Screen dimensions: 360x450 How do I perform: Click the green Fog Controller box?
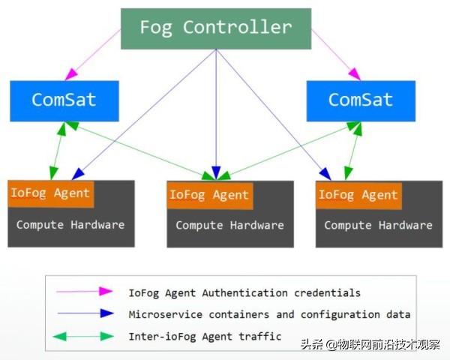(x=216, y=28)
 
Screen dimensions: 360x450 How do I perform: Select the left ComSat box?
(x=64, y=100)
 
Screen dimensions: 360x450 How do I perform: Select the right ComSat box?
(x=361, y=100)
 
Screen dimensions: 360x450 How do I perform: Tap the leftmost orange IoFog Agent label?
(x=51, y=193)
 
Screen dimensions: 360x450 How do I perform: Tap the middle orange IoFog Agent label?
(x=209, y=195)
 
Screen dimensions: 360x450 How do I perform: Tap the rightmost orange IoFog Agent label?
(x=358, y=195)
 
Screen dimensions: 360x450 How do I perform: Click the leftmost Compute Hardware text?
(x=70, y=224)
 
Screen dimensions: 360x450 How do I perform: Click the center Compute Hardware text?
(x=229, y=225)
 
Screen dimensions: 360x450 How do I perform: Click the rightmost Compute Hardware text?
(x=378, y=225)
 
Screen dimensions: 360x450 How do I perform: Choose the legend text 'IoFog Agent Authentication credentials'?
(x=244, y=292)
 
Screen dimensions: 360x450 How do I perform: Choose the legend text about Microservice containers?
(x=269, y=315)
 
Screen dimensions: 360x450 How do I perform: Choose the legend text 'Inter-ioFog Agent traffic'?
(x=205, y=337)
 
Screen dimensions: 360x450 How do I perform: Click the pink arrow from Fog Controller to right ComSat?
(x=335, y=54)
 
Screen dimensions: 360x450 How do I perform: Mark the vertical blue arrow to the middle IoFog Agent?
(x=216, y=112)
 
